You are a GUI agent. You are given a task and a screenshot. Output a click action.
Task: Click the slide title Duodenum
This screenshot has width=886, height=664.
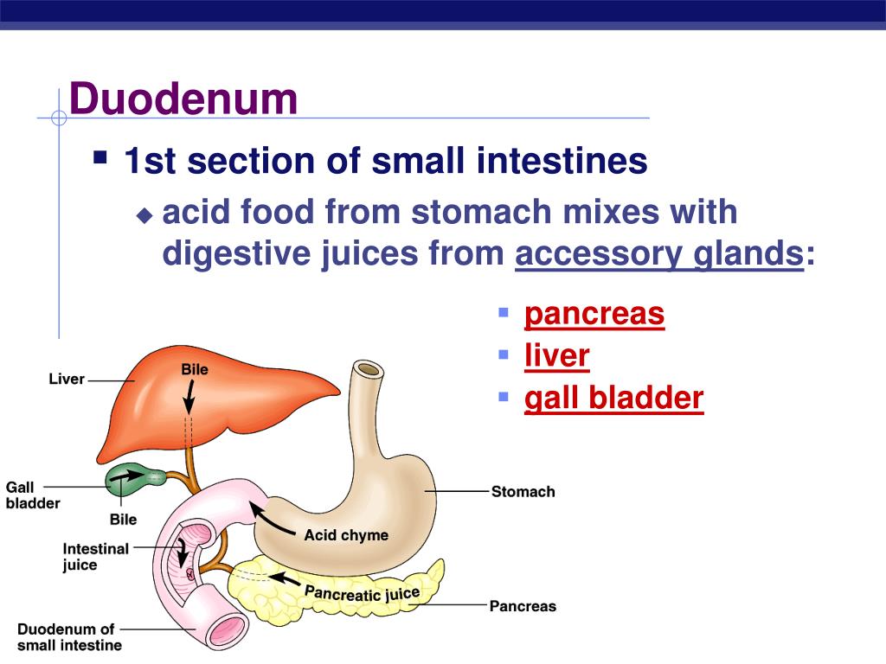coord(183,99)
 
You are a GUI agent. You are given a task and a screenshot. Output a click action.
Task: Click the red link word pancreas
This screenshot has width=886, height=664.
coord(594,314)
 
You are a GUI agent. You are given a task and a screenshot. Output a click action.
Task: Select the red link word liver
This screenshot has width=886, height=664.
coord(556,355)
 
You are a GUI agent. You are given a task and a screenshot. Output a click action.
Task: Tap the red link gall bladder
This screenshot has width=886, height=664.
coord(613,398)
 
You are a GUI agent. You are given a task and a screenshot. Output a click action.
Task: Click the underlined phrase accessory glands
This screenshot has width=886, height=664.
coord(658,254)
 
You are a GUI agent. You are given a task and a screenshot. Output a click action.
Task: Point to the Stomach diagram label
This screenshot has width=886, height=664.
coord(523,492)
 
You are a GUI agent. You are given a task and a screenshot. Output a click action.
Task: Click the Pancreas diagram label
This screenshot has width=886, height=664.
coord(523,606)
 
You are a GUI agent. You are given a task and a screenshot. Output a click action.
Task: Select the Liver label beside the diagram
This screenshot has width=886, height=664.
coord(67,379)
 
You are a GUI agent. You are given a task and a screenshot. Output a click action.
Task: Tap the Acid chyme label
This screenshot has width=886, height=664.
coord(346,535)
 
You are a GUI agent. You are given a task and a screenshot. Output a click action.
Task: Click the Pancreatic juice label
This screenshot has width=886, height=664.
coord(362,593)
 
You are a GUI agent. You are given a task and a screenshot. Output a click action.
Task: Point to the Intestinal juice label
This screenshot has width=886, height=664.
coord(95,557)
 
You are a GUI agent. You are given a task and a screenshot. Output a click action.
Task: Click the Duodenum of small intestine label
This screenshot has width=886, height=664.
coord(69,637)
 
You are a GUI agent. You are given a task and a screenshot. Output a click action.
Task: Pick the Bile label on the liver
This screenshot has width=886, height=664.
coord(195,369)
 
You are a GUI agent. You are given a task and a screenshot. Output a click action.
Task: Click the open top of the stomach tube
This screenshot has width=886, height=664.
coord(369,370)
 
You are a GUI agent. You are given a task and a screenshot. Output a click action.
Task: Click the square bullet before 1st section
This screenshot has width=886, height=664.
coord(101,158)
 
